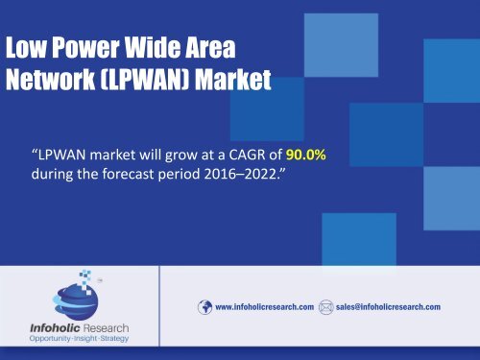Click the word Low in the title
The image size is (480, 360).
pyautogui.click(x=26, y=48)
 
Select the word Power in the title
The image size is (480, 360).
pyautogui.click(x=83, y=48)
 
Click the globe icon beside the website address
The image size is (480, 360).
pyautogui.click(x=204, y=307)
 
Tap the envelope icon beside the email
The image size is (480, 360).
pyautogui.click(x=326, y=307)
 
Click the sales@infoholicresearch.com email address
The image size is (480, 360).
pyautogui.click(x=388, y=307)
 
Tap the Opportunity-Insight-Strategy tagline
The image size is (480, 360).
pyautogui.click(x=80, y=341)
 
